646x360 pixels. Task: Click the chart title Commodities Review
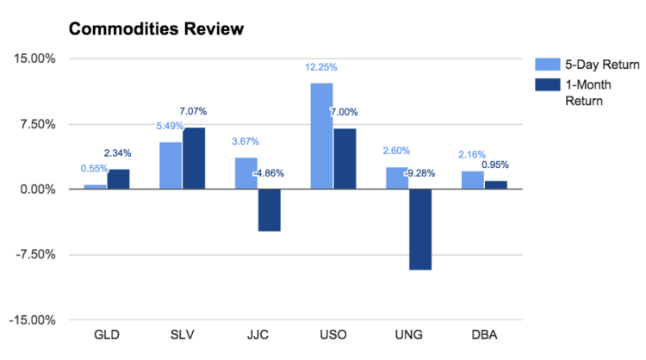coord(156,29)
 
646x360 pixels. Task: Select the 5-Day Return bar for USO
coord(321,136)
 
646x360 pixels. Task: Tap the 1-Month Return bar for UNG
coord(420,229)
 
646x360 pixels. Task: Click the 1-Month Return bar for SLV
coord(194,158)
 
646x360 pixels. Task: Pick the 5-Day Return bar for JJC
coord(245,173)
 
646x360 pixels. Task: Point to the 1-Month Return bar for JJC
coord(269,210)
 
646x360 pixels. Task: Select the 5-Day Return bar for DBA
coord(472,180)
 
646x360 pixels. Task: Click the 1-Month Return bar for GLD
coord(118,179)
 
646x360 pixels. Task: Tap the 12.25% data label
coord(320,67)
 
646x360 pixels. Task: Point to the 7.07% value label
coord(193,111)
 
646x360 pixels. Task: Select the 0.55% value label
coord(95,169)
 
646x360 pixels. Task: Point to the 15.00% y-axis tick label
coord(35,59)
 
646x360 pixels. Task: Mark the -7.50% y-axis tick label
coord(35,255)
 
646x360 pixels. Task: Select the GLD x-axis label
coord(107,334)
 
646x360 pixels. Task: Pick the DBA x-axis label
coord(484,334)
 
